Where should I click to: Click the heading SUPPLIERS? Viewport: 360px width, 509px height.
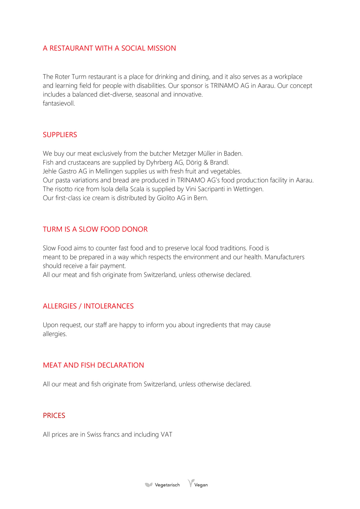(x=60, y=135)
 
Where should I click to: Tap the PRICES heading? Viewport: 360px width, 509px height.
(x=54, y=416)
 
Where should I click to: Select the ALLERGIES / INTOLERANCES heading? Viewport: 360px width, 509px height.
(x=88, y=306)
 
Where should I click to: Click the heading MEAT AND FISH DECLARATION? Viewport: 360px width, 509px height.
(x=93, y=365)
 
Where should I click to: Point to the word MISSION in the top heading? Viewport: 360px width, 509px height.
(x=161, y=48)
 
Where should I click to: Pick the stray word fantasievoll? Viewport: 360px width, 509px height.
(x=59, y=103)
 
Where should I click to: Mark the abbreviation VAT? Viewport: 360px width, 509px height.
(x=166, y=435)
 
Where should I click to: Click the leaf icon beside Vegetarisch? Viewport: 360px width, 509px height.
(x=149, y=485)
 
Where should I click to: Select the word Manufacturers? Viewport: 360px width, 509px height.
(x=284, y=257)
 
